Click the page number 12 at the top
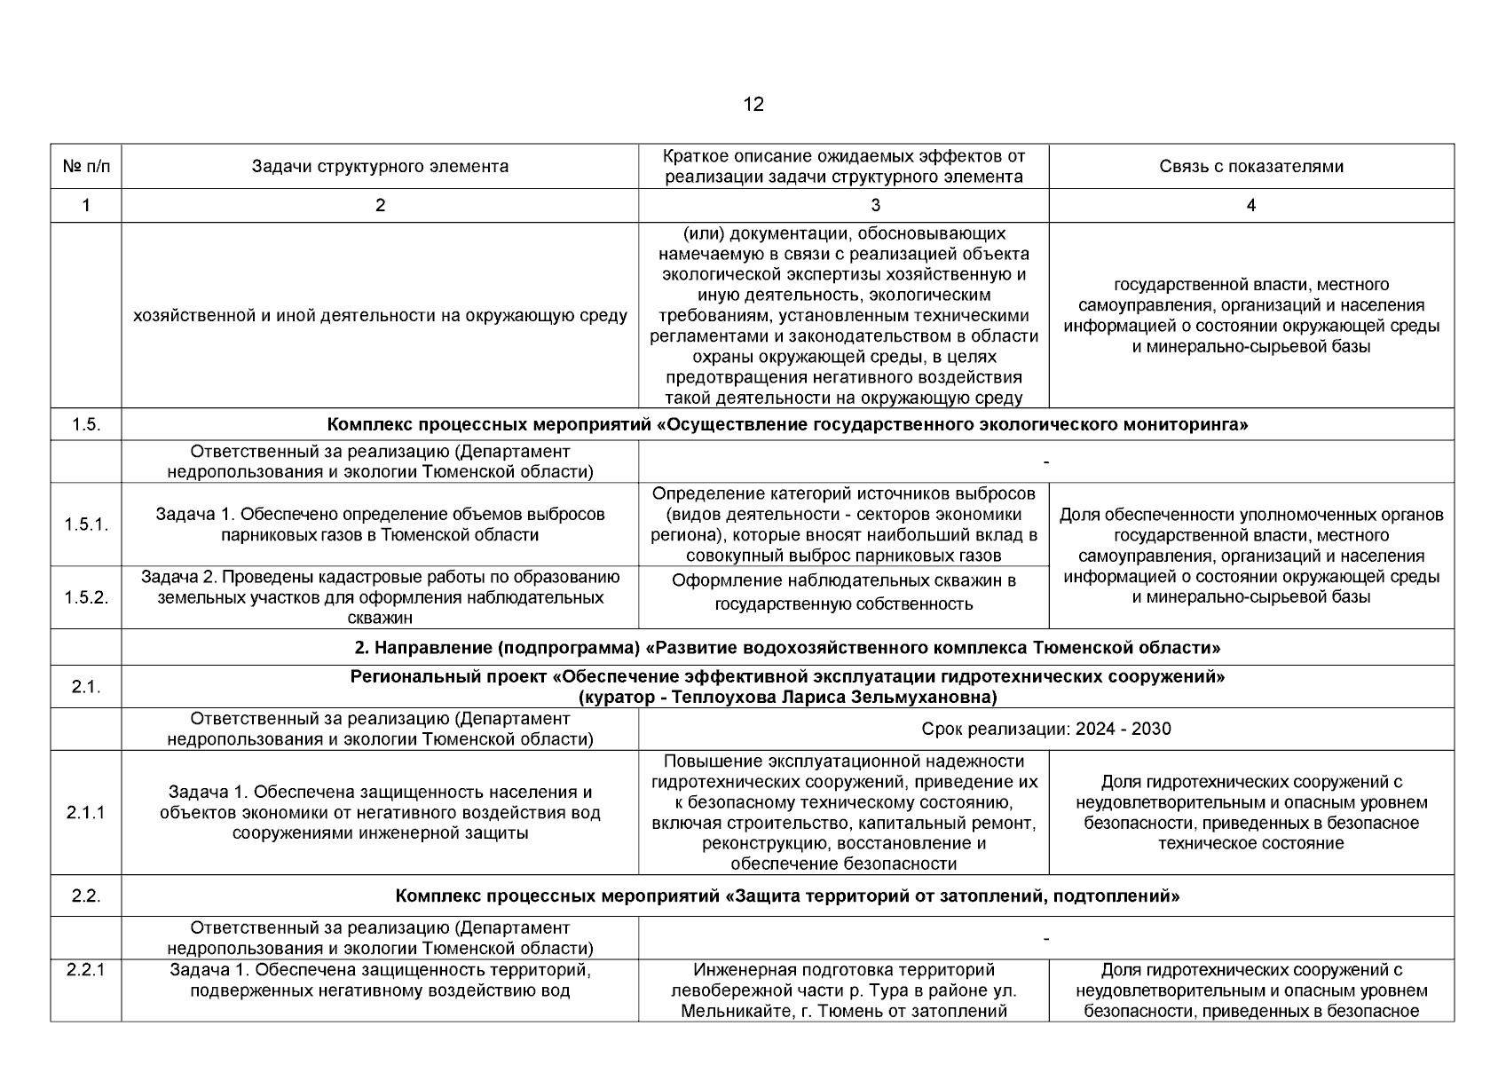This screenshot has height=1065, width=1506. pos(753,105)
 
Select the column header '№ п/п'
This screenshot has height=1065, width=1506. pos(86,166)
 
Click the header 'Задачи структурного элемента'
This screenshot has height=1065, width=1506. pos(380,166)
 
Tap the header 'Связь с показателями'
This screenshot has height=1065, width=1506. pos(1250,166)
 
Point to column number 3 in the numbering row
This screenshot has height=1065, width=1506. pos(875,205)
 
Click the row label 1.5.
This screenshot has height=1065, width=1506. pos(86,424)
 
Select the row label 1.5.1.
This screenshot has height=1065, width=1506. pos(86,525)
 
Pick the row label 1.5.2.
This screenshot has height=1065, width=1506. pos(86,597)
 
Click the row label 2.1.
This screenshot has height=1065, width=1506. pos(86,687)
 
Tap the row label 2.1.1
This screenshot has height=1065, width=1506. pos(86,812)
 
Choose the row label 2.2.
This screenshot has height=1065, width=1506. pos(86,895)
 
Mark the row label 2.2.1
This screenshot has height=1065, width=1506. pos(86,970)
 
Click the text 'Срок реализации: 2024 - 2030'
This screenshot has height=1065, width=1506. pos(1046,729)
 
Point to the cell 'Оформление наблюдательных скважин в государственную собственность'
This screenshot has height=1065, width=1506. pos(843,592)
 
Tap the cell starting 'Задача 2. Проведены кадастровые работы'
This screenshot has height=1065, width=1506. pos(380,597)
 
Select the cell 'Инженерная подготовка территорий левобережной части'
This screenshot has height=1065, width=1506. pos(843,990)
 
